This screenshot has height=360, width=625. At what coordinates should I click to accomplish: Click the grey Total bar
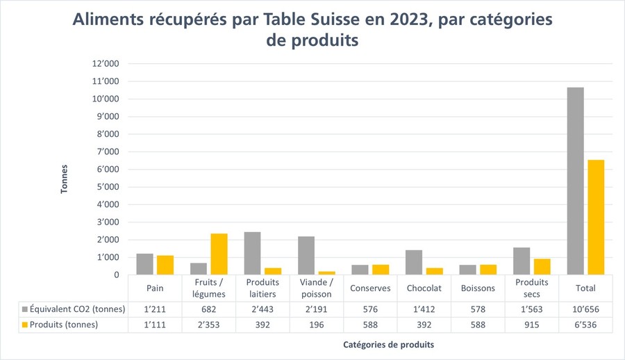point(575,181)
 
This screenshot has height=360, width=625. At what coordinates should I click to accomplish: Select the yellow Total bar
point(596,217)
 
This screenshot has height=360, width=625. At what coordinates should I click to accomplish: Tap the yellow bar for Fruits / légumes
point(219,254)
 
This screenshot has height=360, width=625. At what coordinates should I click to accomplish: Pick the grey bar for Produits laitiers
point(252,253)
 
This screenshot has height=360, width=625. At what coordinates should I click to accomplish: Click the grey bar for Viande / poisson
point(306,256)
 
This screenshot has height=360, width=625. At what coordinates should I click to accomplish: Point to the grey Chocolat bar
point(414,262)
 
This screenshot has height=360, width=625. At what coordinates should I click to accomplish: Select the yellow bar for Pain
point(165,265)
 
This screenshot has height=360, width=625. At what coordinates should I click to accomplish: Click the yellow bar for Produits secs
point(542,267)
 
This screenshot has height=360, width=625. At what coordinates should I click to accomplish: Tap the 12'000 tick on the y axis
point(106,63)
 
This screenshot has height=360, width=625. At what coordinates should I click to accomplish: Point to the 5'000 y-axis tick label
point(108,187)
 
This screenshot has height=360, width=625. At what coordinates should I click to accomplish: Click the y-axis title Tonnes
point(64,179)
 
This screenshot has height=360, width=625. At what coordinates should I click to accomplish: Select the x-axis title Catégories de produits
point(389,345)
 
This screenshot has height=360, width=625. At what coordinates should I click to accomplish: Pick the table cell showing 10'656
point(585,309)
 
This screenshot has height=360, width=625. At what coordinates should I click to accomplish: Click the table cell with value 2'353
point(208,325)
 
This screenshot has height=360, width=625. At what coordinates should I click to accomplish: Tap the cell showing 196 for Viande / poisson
point(317,325)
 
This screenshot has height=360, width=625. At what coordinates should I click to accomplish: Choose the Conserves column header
point(370,288)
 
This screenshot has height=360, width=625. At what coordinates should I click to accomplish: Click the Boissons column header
point(478,288)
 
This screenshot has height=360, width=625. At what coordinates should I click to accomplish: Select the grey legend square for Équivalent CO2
point(25,309)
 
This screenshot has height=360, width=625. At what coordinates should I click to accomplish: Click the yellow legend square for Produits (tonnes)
point(25,325)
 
